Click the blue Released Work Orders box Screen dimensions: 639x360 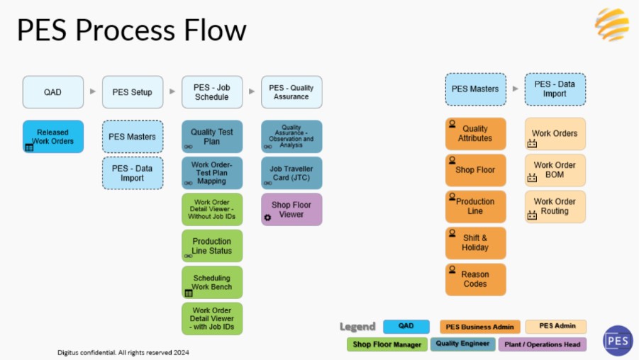click(53, 137)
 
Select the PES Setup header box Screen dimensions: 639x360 click(133, 92)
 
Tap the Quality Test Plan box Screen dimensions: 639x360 click(212, 137)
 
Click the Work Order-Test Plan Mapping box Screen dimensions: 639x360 click(212, 173)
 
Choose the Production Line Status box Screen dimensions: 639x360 click(212, 246)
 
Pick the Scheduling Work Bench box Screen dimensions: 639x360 click(212, 282)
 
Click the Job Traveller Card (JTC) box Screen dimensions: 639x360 click(291, 173)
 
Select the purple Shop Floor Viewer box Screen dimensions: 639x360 click(291, 209)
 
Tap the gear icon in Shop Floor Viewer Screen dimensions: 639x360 click(267, 218)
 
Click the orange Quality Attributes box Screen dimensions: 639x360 click(476, 134)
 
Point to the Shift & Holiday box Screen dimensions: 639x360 click(476, 243)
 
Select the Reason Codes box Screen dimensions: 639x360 click(476, 279)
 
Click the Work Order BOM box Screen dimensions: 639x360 click(555, 170)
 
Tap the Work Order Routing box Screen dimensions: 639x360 click(555, 206)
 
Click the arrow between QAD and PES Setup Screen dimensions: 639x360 click(93, 91)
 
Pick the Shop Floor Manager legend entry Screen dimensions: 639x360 click(387, 344)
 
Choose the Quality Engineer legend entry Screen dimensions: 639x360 click(463, 344)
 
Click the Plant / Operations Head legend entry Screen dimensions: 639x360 click(543, 344)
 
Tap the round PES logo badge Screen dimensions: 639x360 click(618, 340)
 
